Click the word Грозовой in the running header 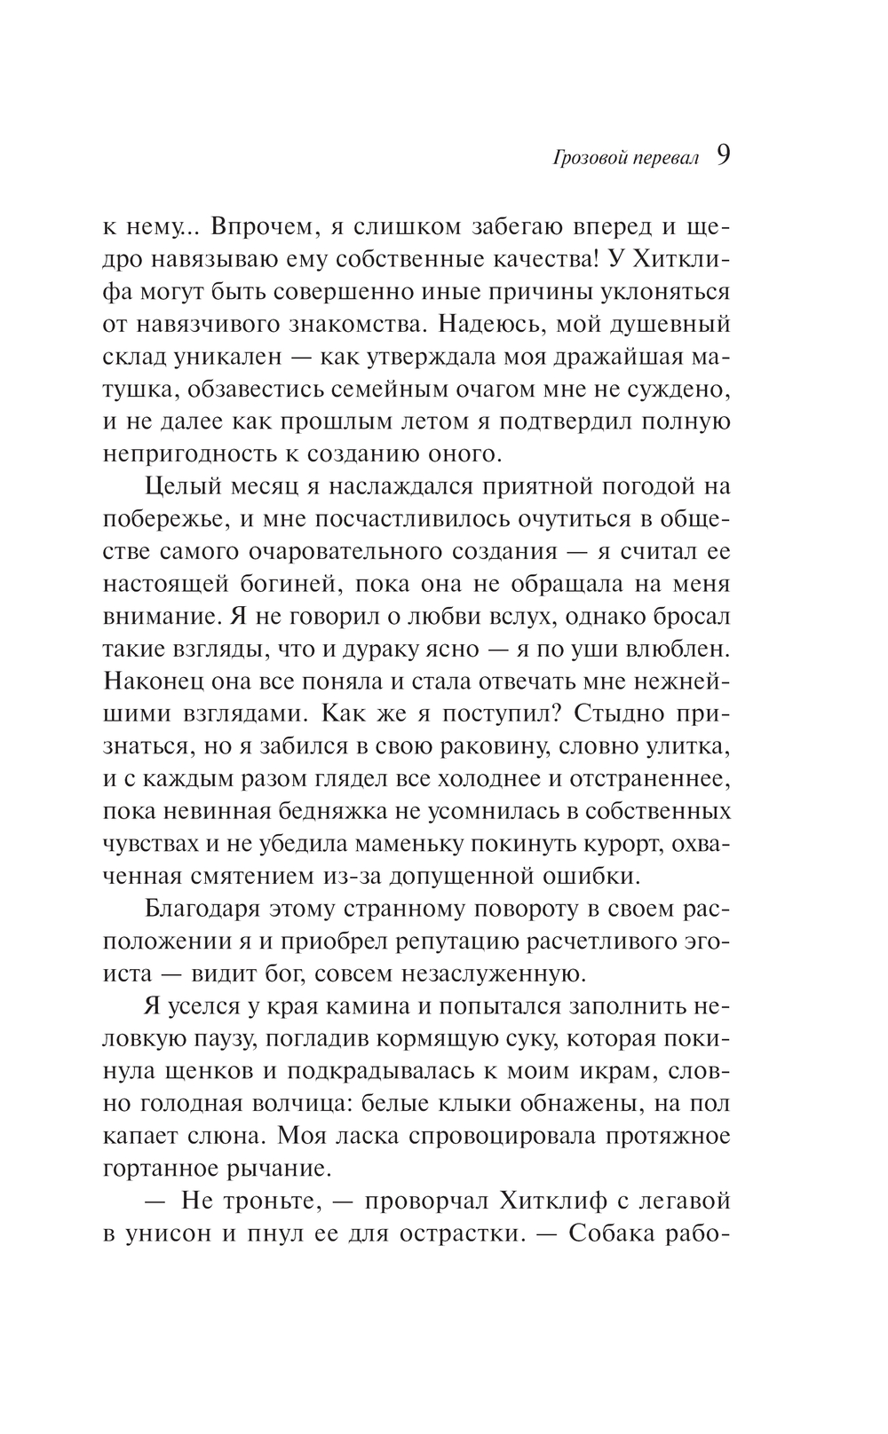[x=590, y=160]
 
